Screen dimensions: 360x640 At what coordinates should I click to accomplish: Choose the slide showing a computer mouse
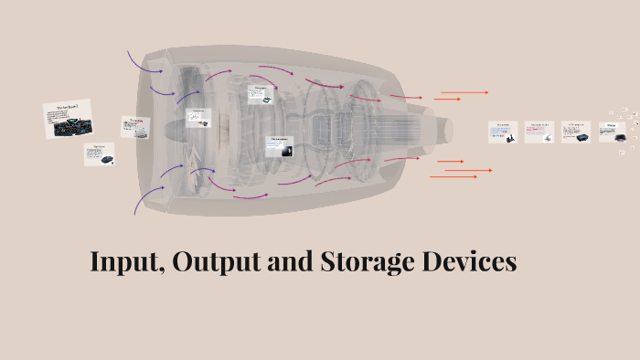[101, 154]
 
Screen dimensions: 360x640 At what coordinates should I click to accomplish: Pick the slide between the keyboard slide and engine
[135, 127]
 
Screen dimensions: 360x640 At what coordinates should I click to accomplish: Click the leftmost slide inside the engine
[198, 118]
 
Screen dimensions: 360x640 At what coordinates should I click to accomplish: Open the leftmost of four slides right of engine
[502, 132]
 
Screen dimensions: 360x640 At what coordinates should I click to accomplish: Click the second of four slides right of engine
[539, 132]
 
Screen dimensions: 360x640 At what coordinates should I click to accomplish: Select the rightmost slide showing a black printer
[612, 132]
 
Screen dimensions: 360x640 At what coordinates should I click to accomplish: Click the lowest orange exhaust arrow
[454, 176]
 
